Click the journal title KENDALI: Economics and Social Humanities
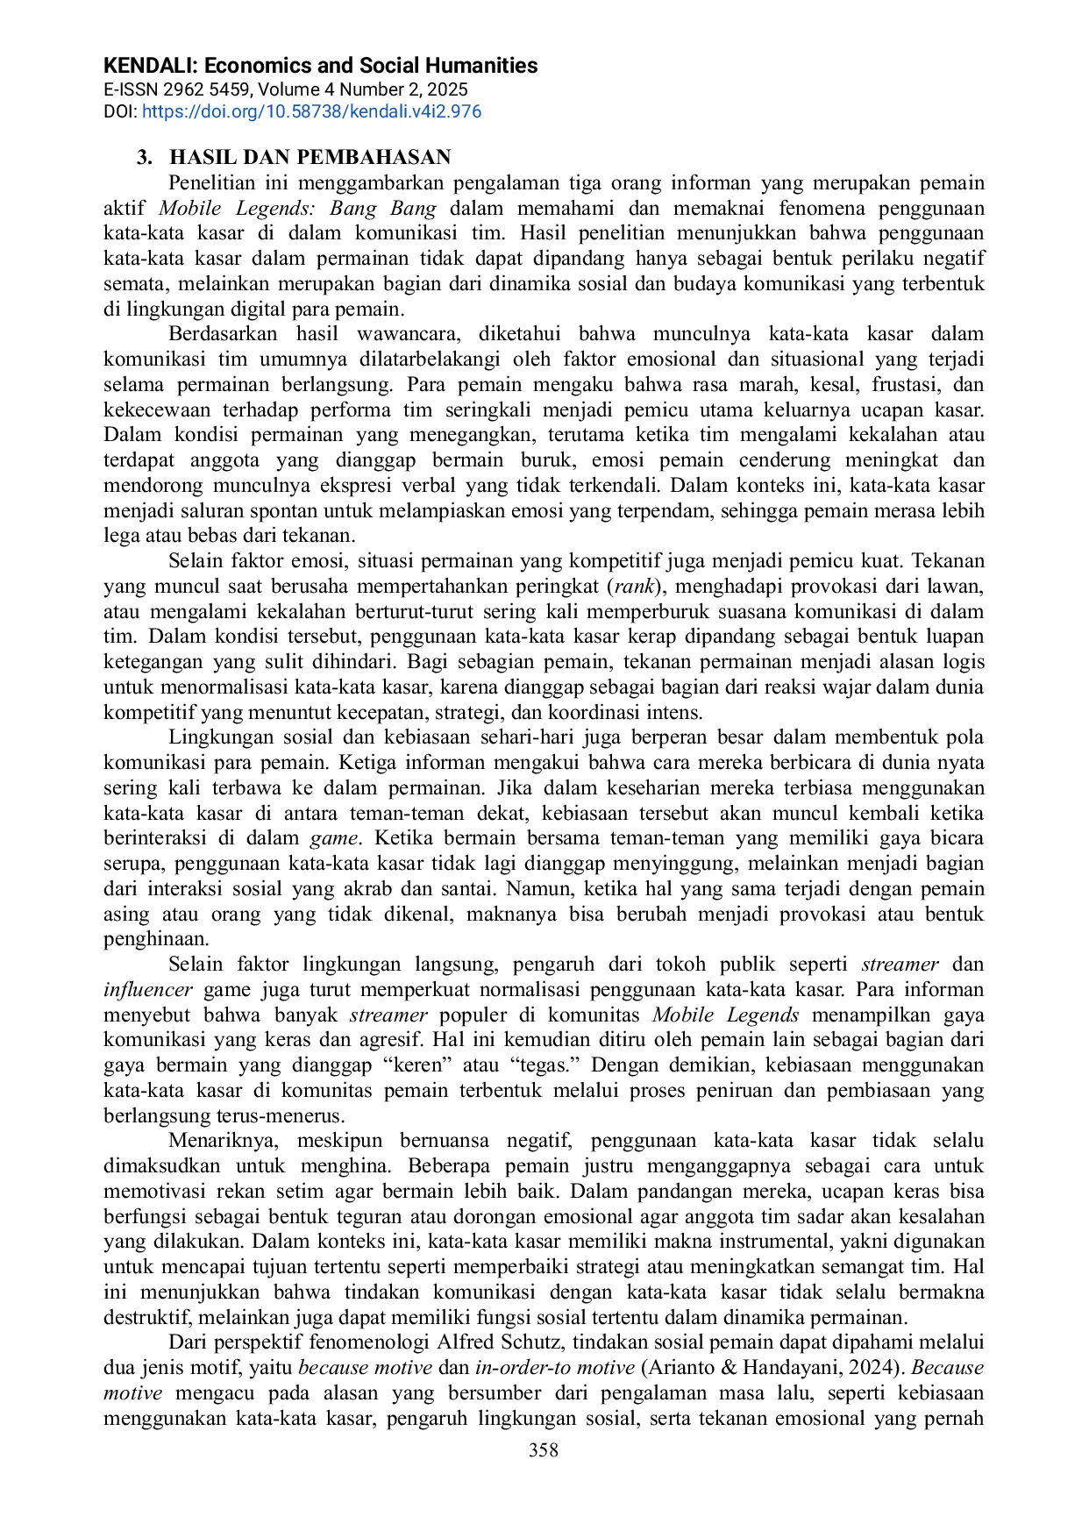pos(320,66)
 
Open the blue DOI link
pos(311,112)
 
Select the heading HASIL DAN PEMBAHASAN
pos(310,158)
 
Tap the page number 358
pos(544,1450)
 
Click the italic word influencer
pos(147,990)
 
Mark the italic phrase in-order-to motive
pos(554,1368)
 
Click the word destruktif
pos(147,1318)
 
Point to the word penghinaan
pos(155,940)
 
